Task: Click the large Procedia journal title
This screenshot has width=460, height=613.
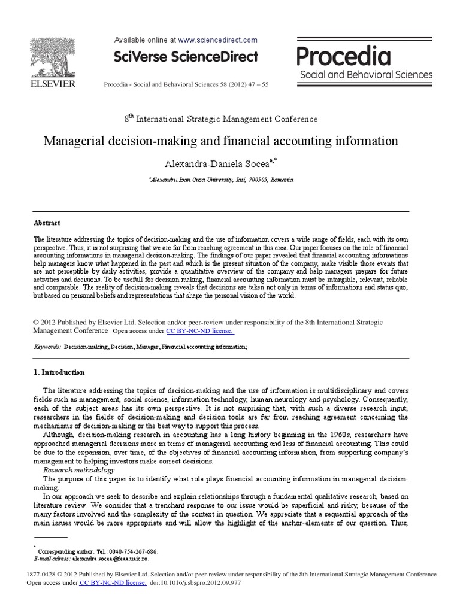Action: tap(344, 56)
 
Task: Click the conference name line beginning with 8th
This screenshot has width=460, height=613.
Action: tap(221, 119)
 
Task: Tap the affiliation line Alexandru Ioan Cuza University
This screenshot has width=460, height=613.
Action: tap(221, 180)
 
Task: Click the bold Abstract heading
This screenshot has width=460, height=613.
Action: tap(47, 223)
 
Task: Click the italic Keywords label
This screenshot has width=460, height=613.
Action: tap(47, 347)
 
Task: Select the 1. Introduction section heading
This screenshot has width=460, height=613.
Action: tap(59, 372)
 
